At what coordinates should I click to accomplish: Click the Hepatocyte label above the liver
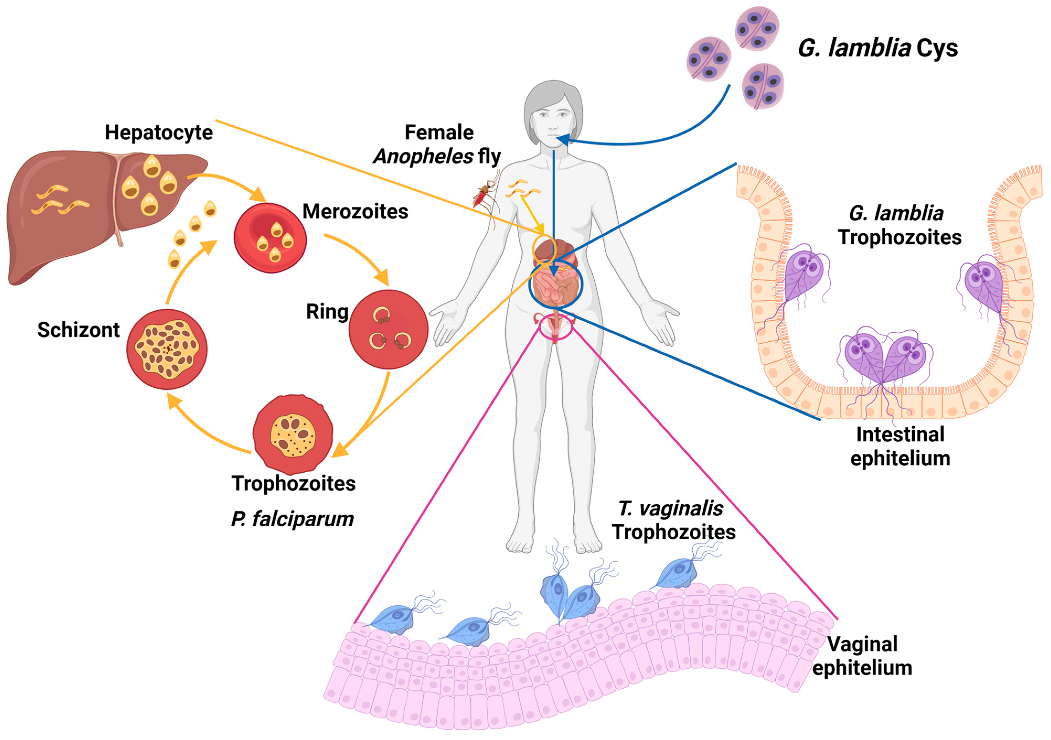pos(159,133)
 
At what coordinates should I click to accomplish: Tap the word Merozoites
pos(355,211)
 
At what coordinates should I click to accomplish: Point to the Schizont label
pos(78,330)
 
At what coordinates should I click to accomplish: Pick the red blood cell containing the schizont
pos(167,349)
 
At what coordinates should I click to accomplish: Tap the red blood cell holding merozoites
pos(271,238)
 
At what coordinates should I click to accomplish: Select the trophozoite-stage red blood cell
pos(293,434)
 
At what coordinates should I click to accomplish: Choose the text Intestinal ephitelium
pos(900,446)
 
